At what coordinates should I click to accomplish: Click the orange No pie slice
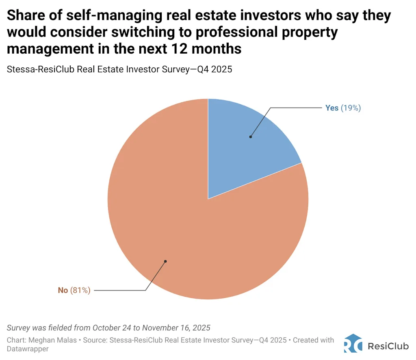tap(195, 235)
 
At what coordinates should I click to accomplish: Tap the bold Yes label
tap(331, 108)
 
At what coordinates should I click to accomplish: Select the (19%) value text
tap(351, 108)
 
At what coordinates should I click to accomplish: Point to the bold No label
tap(63, 290)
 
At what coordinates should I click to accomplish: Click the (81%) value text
tap(80, 290)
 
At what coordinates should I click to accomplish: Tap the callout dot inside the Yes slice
tap(251, 137)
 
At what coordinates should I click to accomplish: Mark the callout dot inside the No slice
tap(165, 261)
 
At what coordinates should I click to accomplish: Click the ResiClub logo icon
tap(353, 343)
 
